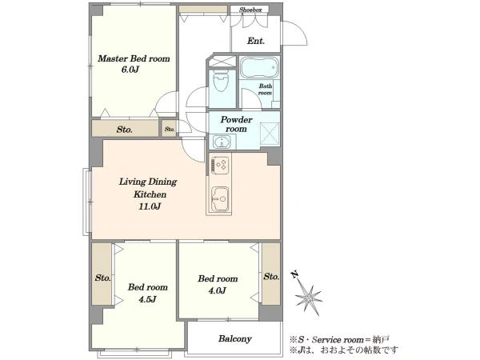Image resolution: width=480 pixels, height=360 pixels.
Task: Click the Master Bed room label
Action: point(134,58)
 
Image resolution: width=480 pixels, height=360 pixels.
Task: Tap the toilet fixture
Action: point(221,81)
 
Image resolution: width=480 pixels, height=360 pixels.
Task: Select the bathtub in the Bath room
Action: point(259,67)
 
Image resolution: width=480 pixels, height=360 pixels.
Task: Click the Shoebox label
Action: point(250,10)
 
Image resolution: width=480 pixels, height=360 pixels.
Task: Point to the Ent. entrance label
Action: point(256,41)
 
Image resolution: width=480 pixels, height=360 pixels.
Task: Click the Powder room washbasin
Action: point(220,142)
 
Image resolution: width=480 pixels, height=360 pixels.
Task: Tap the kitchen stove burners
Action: point(219,166)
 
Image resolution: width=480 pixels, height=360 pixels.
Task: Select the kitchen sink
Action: point(220,198)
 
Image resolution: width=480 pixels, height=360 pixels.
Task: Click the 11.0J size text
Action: point(150,206)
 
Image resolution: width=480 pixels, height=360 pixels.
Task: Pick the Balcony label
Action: point(234,338)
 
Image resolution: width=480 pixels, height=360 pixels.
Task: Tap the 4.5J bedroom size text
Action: point(147,299)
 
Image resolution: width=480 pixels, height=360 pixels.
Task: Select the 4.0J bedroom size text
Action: point(218,290)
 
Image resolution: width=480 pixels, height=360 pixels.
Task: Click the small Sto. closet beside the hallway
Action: point(170,129)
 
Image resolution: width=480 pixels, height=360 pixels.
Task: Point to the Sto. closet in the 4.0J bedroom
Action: point(271,274)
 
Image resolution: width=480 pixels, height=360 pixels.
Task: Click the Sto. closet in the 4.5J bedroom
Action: point(102,274)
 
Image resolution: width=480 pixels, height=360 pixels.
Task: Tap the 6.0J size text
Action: point(130,70)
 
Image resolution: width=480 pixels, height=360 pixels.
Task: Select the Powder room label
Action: point(236,124)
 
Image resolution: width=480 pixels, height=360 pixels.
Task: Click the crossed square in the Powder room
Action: point(270,133)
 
